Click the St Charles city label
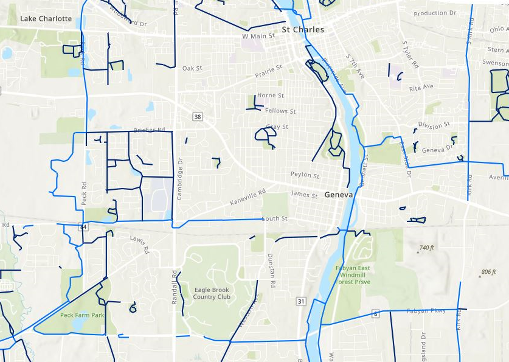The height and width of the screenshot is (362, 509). click(303, 29)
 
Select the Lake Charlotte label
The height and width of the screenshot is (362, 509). click(46, 19)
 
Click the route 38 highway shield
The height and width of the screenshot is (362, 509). click(196, 116)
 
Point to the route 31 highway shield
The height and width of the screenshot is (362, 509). click(300, 301)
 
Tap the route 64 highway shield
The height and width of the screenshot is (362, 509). click(83, 227)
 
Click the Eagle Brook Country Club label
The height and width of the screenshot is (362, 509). click(212, 293)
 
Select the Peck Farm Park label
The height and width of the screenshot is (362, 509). click(82, 315)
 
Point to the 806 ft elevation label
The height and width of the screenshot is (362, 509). click(488, 272)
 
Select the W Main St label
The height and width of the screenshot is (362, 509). click(258, 36)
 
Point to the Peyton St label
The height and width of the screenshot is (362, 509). click(305, 175)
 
